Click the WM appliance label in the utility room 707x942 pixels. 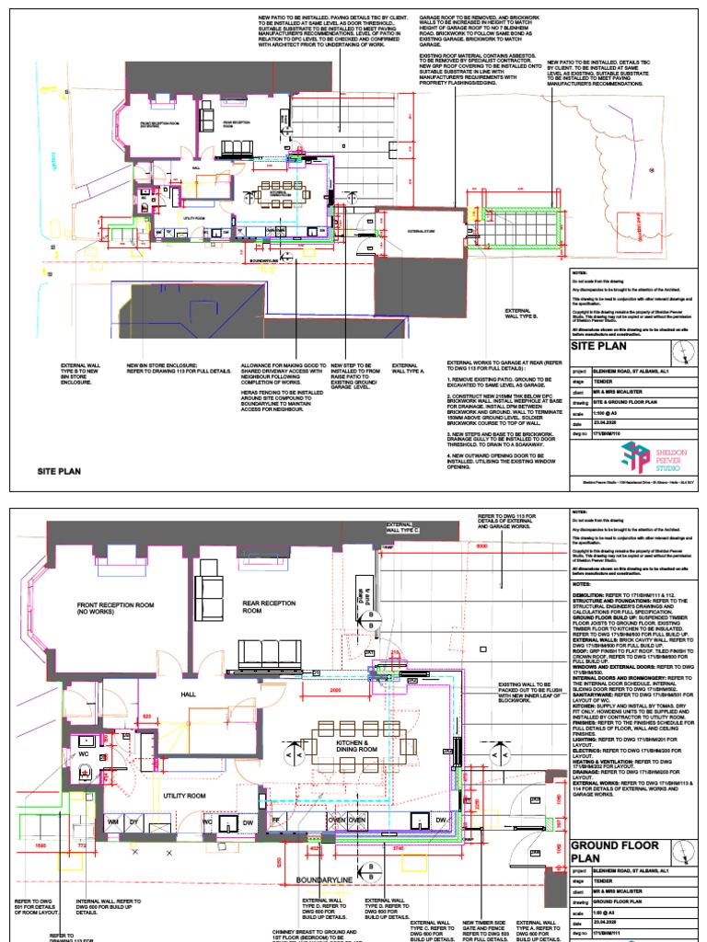point(113,820)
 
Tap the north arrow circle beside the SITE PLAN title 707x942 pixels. point(680,350)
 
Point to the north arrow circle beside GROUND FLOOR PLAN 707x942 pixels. point(682,850)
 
